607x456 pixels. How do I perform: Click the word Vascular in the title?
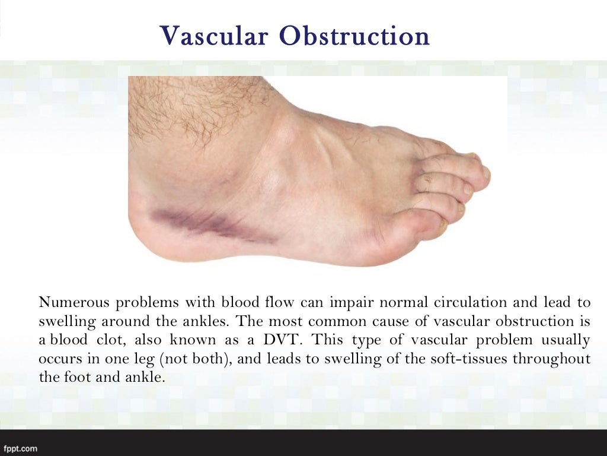(x=214, y=36)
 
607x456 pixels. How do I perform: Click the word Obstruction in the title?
(x=355, y=36)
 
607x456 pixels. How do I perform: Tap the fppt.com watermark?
(x=21, y=448)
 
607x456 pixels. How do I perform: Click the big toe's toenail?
(x=442, y=224)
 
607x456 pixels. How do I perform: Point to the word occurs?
(x=58, y=359)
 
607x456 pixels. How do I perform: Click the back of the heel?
(x=138, y=223)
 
